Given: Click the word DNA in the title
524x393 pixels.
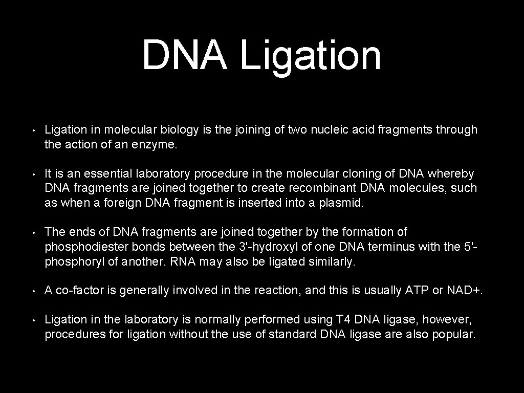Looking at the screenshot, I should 184,55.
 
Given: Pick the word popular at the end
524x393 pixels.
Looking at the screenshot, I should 457,335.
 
